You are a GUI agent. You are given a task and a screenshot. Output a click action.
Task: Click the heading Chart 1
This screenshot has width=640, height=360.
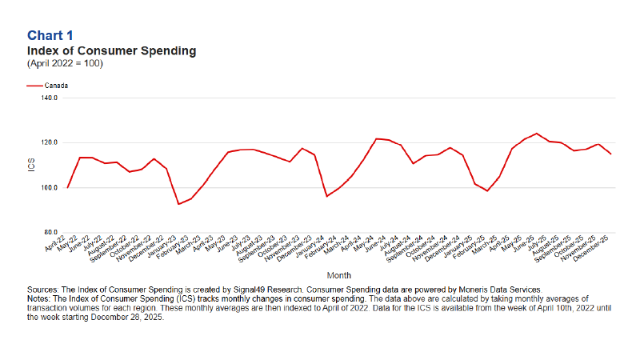click(x=50, y=35)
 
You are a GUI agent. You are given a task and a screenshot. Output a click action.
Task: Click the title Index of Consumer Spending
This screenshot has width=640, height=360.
click(x=111, y=50)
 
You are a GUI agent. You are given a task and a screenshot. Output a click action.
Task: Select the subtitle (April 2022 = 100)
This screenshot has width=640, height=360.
click(x=65, y=63)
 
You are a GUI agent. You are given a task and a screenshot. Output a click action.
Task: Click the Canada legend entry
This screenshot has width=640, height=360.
click(x=56, y=85)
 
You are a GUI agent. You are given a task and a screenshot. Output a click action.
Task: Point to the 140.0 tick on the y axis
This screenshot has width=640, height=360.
click(x=50, y=98)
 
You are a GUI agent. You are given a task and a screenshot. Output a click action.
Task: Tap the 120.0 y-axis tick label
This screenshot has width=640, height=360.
click(x=50, y=142)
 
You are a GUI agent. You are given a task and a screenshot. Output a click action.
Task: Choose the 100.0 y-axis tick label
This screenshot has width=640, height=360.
click(x=50, y=188)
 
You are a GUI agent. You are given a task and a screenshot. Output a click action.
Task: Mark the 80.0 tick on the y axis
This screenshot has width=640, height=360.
click(x=50, y=233)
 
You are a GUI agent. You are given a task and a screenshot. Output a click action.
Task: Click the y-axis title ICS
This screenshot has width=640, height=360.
click(x=32, y=166)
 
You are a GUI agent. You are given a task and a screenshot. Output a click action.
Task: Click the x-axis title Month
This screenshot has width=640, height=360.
click(x=339, y=274)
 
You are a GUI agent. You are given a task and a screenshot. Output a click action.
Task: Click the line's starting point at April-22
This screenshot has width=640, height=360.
click(x=68, y=187)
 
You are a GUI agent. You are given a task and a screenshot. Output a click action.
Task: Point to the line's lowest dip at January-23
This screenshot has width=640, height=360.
click(x=178, y=204)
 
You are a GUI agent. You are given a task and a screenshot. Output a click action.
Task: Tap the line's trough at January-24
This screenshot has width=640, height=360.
click(x=326, y=196)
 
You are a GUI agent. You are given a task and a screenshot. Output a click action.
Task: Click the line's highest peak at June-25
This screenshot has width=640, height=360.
click(x=536, y=134)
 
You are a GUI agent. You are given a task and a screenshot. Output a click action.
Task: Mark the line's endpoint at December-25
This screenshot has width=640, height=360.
click(x=611, y=154)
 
